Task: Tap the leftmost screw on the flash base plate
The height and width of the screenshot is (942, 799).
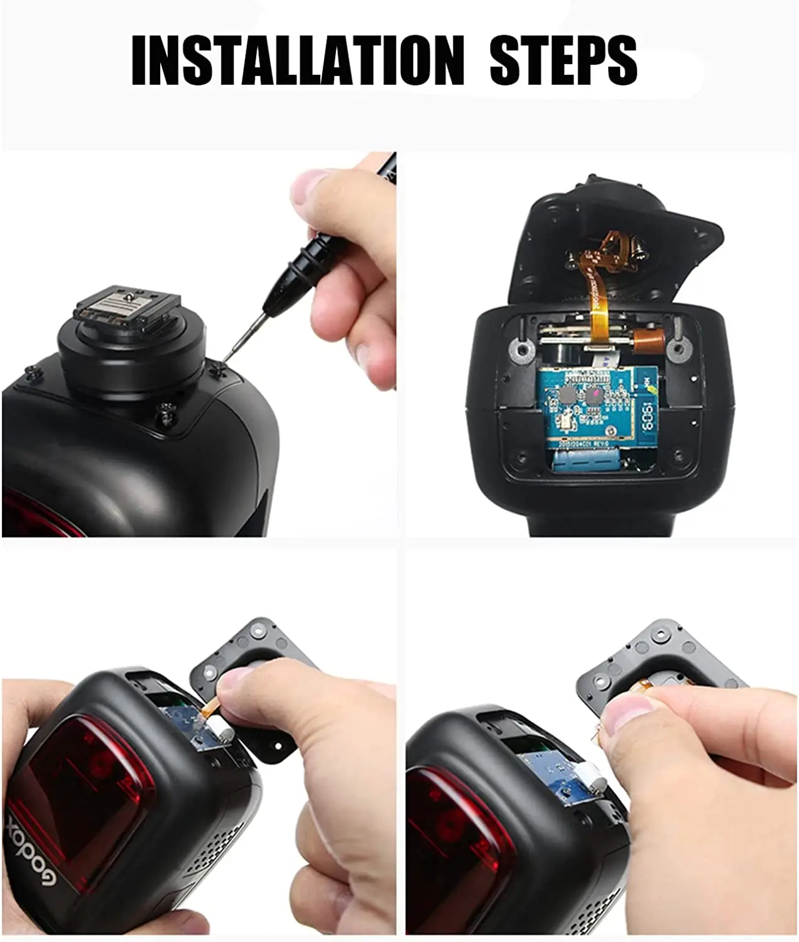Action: pos(33,372)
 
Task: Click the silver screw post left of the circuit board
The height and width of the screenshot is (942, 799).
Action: pos(519,350)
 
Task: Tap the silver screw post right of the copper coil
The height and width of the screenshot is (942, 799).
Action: pos(678,347)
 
